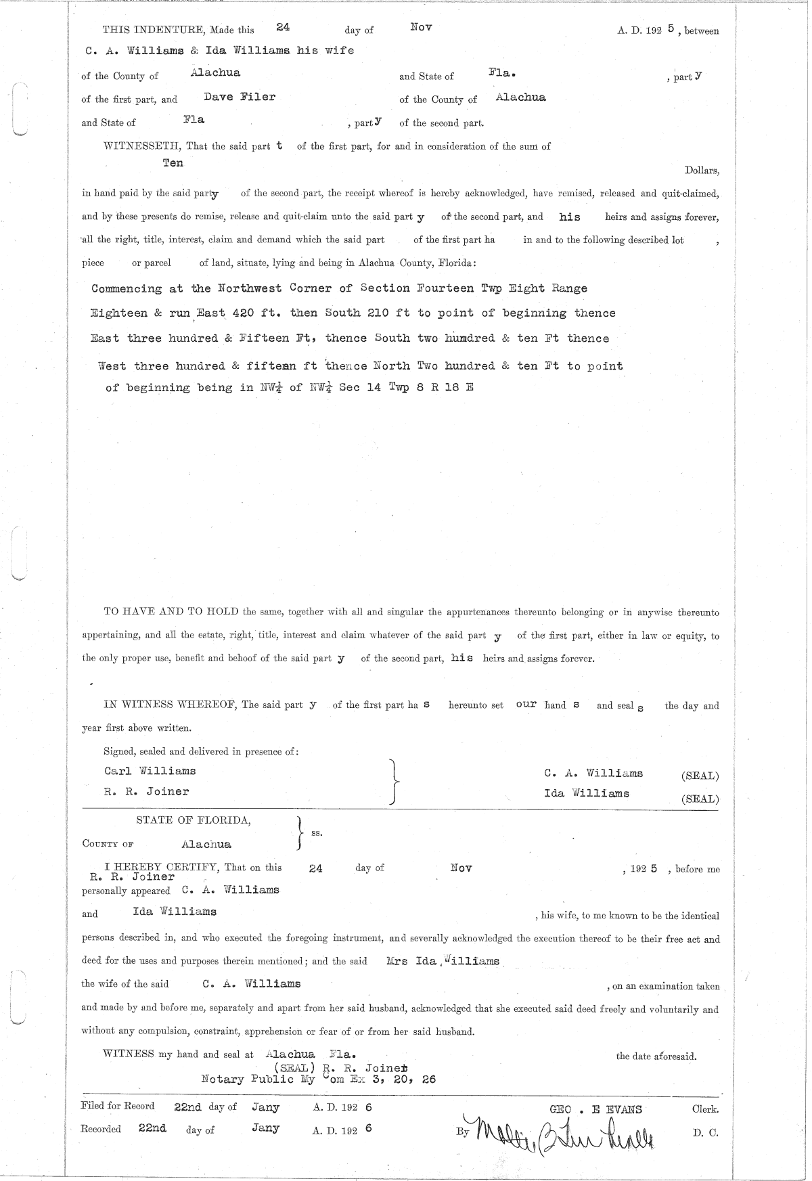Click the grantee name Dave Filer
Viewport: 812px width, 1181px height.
[240, 97]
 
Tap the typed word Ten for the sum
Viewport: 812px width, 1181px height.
[173, 163]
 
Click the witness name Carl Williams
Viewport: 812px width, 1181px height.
[150, 771]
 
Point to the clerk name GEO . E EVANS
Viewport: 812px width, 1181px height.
[596, 1109]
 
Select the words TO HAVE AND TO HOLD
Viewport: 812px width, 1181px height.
[171, 612]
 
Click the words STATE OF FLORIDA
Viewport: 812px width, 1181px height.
[194, 820]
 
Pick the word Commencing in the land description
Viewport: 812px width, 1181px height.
[127, 289]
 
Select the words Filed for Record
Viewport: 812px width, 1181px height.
[117, 1106]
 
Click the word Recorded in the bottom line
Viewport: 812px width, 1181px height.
[101, 1129]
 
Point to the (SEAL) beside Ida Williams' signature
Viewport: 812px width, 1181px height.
[700, 799]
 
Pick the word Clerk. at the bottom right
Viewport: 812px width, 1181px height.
[705, 1109]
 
